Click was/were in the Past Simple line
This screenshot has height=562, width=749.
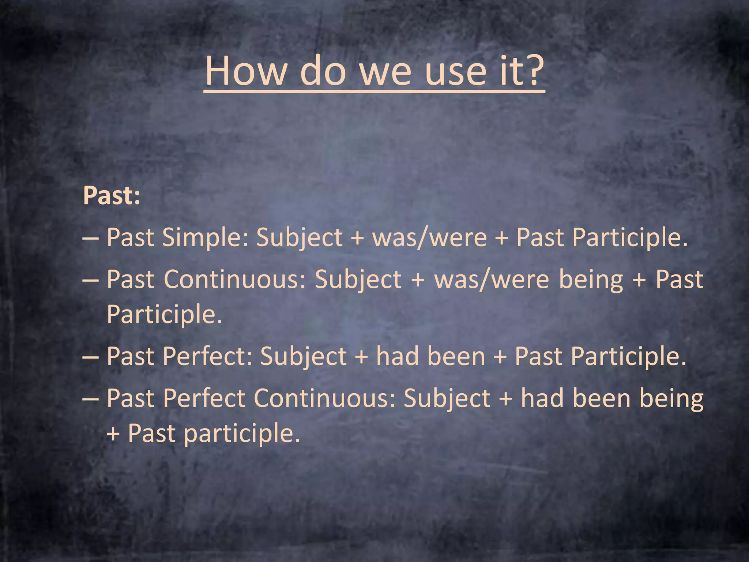pyautogui.click(x=429, y=238)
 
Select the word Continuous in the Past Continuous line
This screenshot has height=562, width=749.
pyautogui.click(x=234, y=280)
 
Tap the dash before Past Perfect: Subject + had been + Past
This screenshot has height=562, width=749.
pyautogui.click(x=90, y=357)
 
